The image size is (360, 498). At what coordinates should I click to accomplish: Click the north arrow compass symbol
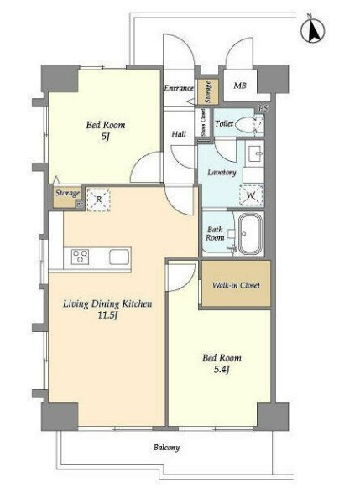312,31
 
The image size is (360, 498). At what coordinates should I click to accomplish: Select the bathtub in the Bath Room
251,233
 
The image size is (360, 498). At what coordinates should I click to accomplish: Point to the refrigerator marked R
98,200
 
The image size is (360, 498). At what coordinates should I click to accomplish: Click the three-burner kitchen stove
80,257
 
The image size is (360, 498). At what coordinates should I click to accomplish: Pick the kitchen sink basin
119,257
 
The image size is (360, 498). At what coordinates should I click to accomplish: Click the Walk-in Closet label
236,285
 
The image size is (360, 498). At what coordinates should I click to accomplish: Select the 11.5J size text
108,316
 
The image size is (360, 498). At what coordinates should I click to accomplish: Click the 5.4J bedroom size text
221,370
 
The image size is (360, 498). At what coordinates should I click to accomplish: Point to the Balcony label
167,448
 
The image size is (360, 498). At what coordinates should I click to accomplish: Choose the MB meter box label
240,86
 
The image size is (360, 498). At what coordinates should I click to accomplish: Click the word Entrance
179,88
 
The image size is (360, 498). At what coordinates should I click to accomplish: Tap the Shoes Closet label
202,122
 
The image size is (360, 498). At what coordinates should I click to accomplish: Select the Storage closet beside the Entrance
208,91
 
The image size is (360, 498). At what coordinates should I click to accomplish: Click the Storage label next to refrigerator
67,193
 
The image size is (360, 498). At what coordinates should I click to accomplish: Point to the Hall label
179,134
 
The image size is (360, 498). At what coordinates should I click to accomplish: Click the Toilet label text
224,123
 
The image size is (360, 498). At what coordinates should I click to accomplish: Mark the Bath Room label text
215,233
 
